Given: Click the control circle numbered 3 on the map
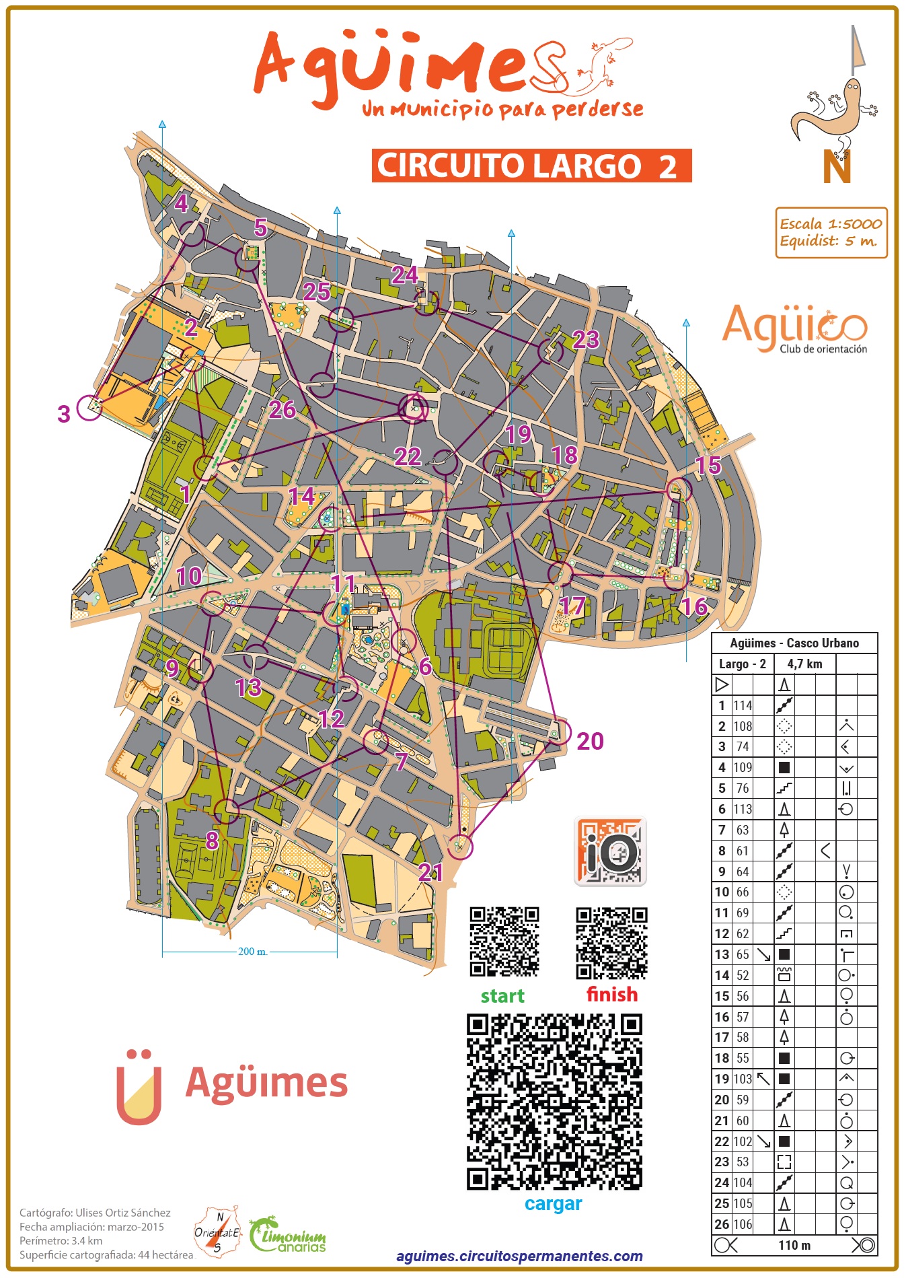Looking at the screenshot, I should click(x=89, y=408).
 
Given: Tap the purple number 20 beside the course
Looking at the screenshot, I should click(x=590, y=742).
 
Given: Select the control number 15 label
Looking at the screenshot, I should click(x=708, y=465).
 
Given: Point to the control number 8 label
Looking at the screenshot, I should click(x=212, y=841).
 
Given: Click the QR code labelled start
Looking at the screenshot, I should click(x=504, y=942).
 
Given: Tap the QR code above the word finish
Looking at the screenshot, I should click(x=611, y=943).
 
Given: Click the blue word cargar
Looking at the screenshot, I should click(x=553, y=1203).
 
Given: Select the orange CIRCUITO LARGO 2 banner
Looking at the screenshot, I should click(x=531, y=166).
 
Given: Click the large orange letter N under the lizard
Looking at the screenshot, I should click(x=837, y=168).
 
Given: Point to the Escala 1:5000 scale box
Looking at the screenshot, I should click(x=831, y=233).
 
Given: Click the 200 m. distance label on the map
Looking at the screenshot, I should click(x=252, y=952).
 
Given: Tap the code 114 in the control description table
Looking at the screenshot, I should click(x=743, y=705).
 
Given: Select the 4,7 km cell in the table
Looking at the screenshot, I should click(x=804, y=664).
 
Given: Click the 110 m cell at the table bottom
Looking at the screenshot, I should click(x=794, y=1245).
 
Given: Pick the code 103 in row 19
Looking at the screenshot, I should click(x=743, y=1079).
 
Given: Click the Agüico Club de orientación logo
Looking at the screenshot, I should click(x=795, y=329).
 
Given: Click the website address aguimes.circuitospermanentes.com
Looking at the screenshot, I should click(x=519, y=1256).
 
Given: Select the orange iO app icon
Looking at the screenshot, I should click(x=610, y=851).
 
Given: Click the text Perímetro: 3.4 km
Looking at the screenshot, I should click(x=61, y=1240).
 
